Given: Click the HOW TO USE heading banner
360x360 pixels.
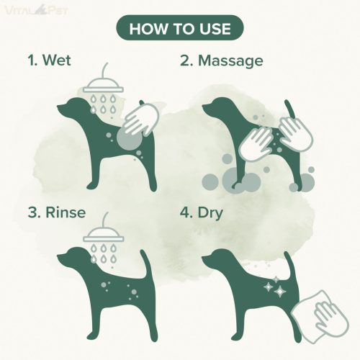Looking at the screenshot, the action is click(180, 27).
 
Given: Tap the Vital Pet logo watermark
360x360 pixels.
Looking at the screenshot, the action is click(37, 11).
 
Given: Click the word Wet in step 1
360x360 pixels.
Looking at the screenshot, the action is click(57, 60).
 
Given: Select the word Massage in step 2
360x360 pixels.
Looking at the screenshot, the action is click(230, 61).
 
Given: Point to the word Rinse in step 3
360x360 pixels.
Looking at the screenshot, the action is click(66, 212).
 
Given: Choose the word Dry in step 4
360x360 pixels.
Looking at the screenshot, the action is click(210, 213).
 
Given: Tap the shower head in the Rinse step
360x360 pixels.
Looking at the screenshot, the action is click(104, 233).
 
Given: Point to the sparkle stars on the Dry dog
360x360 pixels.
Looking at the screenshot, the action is click(276, 287).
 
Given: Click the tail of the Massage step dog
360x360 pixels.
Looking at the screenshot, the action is click(290, 110).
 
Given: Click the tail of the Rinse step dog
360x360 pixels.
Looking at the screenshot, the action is click(145, 265).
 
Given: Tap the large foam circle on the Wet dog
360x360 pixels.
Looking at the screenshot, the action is click(130, 139).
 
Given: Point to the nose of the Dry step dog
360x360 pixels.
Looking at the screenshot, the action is click(204, 258).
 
